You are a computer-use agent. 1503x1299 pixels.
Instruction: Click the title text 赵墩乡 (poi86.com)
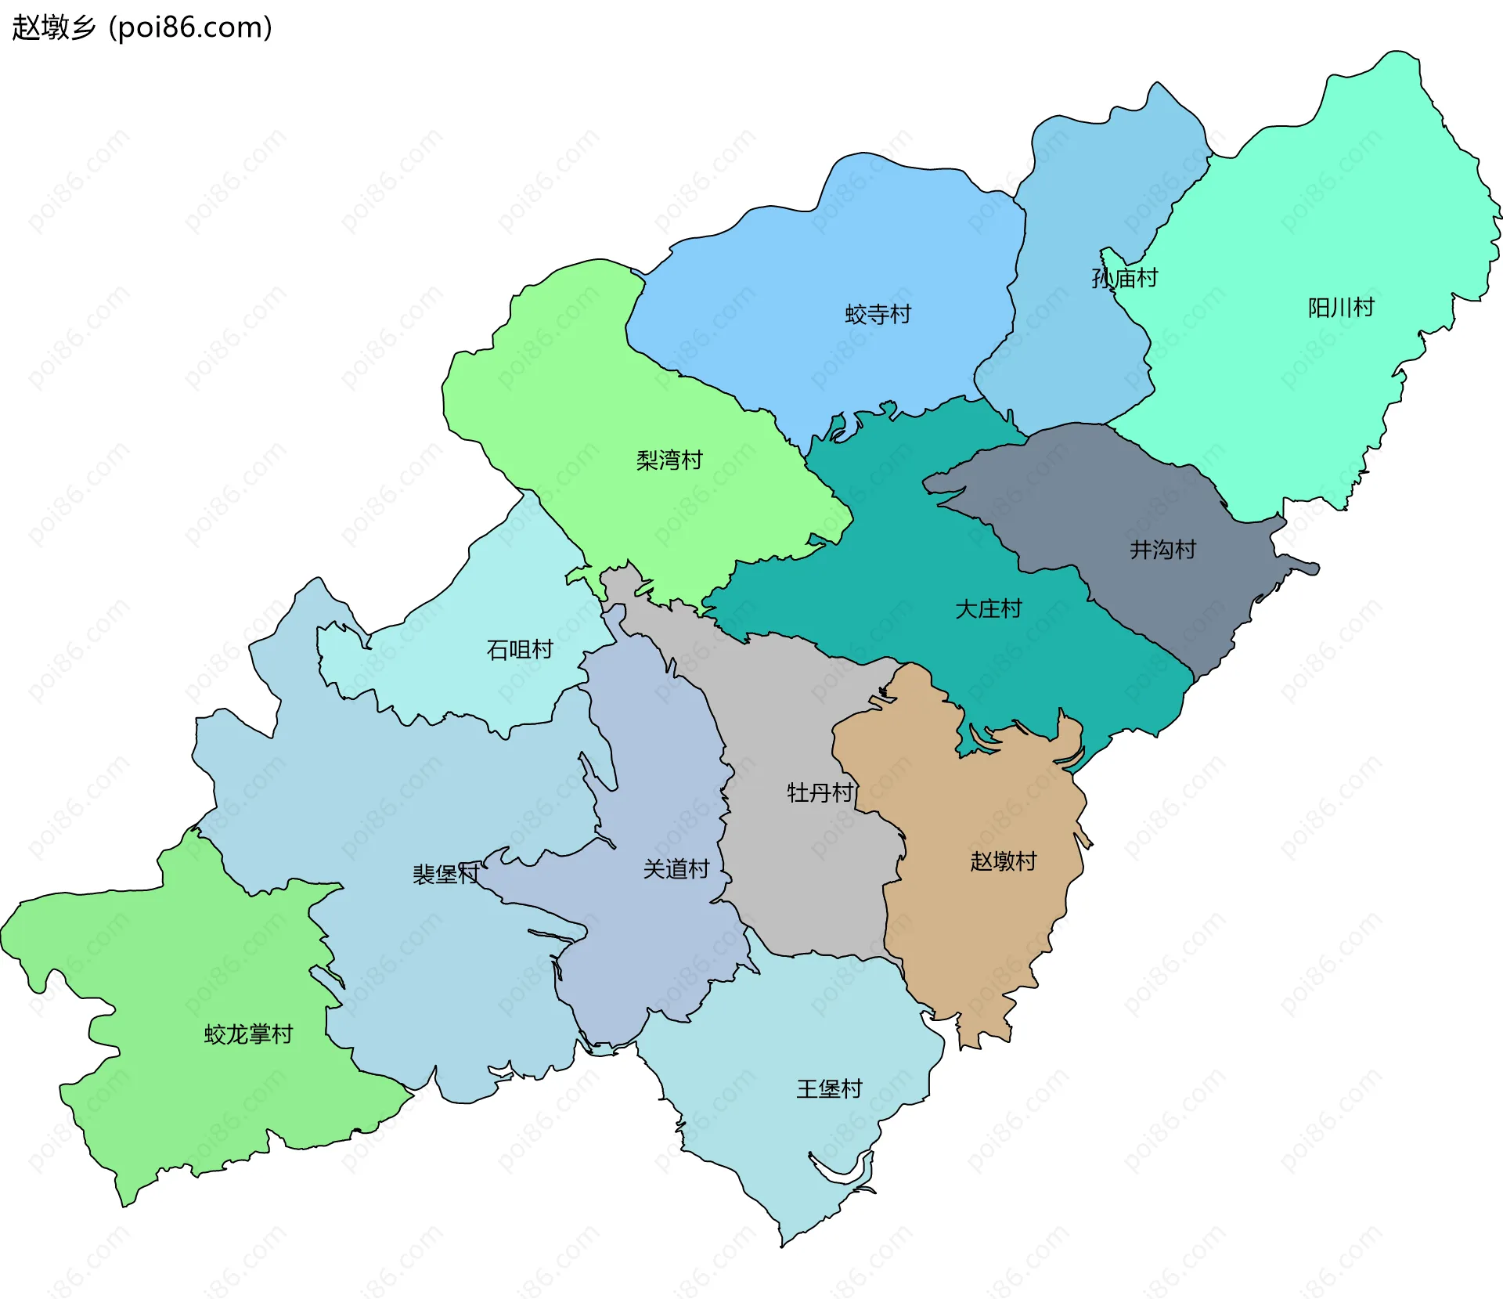tap(142, 27)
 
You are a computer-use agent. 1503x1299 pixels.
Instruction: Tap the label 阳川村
tap(1341, 308)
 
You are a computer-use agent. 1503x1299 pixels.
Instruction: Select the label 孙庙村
tap(1124, 278)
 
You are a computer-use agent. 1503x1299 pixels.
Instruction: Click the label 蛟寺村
tap(878, 315)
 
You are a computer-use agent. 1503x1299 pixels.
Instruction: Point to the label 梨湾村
tap(669, 460)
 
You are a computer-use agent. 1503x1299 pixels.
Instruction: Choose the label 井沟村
tap(1162, 550)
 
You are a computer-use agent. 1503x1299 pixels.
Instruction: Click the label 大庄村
tap(988, 609)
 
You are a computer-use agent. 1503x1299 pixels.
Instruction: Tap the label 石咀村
tap(520, 650)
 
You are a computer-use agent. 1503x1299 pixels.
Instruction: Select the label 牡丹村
tap(820, 793)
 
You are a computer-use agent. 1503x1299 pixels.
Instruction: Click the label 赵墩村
tap(1003, 861)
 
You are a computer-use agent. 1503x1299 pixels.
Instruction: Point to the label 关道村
tap(676, 869)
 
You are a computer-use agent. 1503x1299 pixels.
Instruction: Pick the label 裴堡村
tap(445, 875)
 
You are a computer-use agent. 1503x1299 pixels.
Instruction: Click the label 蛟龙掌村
tap(248, 1035)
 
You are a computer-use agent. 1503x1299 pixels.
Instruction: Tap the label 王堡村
tap(829, 1089)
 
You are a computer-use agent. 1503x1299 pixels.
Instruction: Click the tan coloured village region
tap(986, 924)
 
